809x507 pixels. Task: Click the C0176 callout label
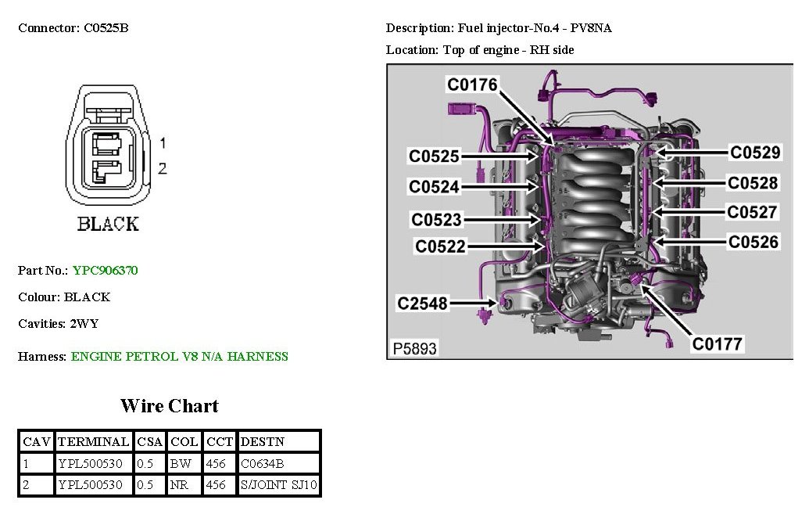tap(472, 84)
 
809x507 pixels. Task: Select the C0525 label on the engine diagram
tap(434, 156)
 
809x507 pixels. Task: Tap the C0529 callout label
tap(754, 153)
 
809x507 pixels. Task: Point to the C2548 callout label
tap(422, 303)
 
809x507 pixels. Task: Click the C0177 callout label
tap(718, 343)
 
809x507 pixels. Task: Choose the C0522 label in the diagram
tap(440, 246)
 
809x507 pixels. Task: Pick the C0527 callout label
tap(752, 212)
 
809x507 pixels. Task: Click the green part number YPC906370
tap(105, 271)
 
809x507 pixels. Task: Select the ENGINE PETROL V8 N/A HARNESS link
tap(179, 357)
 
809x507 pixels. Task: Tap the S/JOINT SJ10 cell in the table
tap(279, 485)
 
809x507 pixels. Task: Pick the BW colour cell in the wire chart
tap(180, 464)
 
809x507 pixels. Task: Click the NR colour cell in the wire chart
tap(180, 485)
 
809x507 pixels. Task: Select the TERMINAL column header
tap(93, 442)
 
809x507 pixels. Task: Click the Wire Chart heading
tap(169, 406)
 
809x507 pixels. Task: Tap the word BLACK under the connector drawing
tap(108, 225)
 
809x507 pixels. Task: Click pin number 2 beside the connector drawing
tap(163, 168)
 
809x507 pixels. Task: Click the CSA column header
tap(149, 442)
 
